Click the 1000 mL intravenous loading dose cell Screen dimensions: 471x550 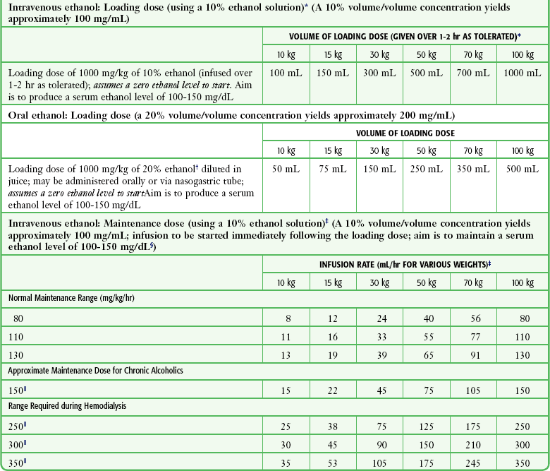(522, 73)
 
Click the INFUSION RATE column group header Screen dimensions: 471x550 (405, 263)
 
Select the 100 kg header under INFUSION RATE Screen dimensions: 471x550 (522, 282)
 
